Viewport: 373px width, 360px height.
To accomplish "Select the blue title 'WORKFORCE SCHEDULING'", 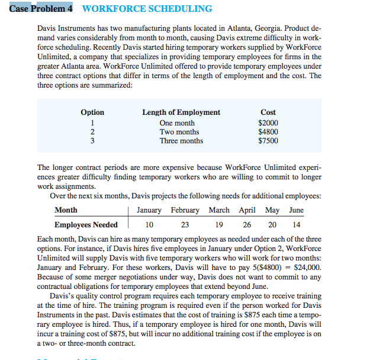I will tap(146, 8).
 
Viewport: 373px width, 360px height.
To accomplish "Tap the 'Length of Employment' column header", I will tap(181, 112).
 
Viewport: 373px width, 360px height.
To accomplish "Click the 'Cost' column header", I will tap(268, 112).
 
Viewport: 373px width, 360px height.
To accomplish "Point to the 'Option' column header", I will tap(92, 112).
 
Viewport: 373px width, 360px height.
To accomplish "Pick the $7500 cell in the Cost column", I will tap(268, 141).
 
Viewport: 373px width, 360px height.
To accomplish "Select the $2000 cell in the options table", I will tap(268, 123).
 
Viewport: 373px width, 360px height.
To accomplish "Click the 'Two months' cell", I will tap(179, 132).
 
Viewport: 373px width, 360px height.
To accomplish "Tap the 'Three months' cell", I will tap(181, 141).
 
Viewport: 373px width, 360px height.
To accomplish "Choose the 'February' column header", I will tap(185, 210).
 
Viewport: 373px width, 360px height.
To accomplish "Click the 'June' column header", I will tap(296, 210).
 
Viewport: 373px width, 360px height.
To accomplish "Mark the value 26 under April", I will tap(247, 225).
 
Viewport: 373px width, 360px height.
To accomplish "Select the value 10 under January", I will tap(149, 225).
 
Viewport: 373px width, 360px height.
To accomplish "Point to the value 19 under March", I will tap(218, 225).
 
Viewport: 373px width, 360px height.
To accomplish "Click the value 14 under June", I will tap(296, 225).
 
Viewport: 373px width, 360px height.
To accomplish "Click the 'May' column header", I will tap(272, 210).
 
